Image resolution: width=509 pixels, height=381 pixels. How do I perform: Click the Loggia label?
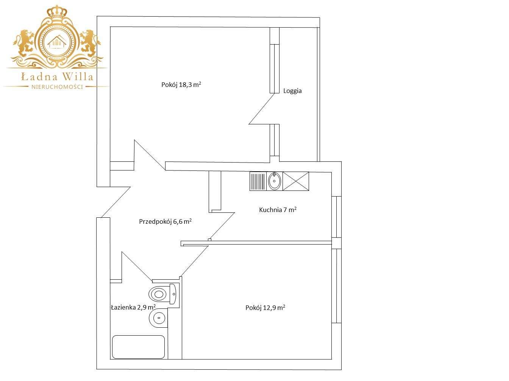pyautogui.click(x=292, y=91)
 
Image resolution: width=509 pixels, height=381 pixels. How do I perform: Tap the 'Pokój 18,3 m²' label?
pyautogui.click(x=181, y=84)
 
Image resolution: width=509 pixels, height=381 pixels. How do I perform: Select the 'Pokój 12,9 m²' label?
pyautogui.click(x=265, y=307)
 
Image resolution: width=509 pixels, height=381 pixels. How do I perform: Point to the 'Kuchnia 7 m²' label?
pyautogui.click(x=278, y=209)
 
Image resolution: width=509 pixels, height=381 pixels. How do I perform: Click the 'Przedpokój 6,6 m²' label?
pyautogui.click(x=165, y=221)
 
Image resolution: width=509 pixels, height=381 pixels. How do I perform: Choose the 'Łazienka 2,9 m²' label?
pyautogui.click(x=133, y=307)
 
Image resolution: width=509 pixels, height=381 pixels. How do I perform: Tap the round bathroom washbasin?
pyautogui.click(x=158, y=317)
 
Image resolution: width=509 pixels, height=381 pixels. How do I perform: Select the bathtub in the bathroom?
pyautogui.click(x=139, y=347)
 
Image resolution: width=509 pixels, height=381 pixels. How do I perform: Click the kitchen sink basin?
pyautogui.click(x=275, y=181)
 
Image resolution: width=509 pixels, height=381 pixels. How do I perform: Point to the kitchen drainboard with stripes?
pyautogui.click(x=258, y=181)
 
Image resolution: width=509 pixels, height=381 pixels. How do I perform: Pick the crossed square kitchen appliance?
pyautogui.click(x=296, y=181)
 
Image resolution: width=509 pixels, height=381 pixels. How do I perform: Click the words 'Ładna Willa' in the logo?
pyautogui.click(x=57, y=77)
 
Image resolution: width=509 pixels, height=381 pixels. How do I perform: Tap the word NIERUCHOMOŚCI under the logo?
pyautogui.click(x=57, y=87)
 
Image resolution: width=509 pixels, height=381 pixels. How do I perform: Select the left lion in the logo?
pyautogui.click(x=24, y=43)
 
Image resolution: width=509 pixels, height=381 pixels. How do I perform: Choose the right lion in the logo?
pyautogui.click(x=90, y=43)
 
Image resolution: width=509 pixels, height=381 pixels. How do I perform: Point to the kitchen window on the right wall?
pyautogui.click(x=336, y=217)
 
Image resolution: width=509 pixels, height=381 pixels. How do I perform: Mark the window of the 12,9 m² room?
pyautogui.click(x=336, y=286)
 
